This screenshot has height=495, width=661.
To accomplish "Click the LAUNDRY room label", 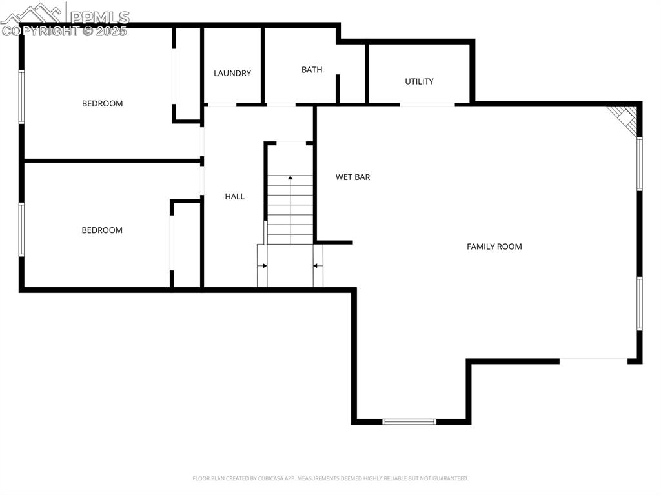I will [232, 74].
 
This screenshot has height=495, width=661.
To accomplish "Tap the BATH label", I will [312, 70].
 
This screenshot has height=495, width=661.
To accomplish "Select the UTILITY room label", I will [419, 81].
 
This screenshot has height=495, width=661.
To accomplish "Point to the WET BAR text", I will [352, 177].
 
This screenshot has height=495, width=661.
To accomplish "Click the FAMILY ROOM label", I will [494, 247].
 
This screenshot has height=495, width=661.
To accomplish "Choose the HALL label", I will [234, 196].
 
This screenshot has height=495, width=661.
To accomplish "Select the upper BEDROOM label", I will [102, 103].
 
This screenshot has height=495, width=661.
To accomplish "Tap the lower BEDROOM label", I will [102, 230].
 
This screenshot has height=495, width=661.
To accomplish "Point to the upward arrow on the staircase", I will [290, 177].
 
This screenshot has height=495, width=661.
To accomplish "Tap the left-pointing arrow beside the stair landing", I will [317, 265].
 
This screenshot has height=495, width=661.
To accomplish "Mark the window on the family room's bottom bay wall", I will [409, 421].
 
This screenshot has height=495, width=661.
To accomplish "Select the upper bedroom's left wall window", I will [21, 97].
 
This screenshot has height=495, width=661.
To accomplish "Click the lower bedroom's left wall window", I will [21, 229].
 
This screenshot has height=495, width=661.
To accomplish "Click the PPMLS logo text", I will [99, 17].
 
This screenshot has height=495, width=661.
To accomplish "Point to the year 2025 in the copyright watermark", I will [112, 31].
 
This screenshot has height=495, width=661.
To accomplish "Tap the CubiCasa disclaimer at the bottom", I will [330, 478].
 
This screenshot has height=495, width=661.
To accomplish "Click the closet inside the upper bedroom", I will [188, 74].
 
